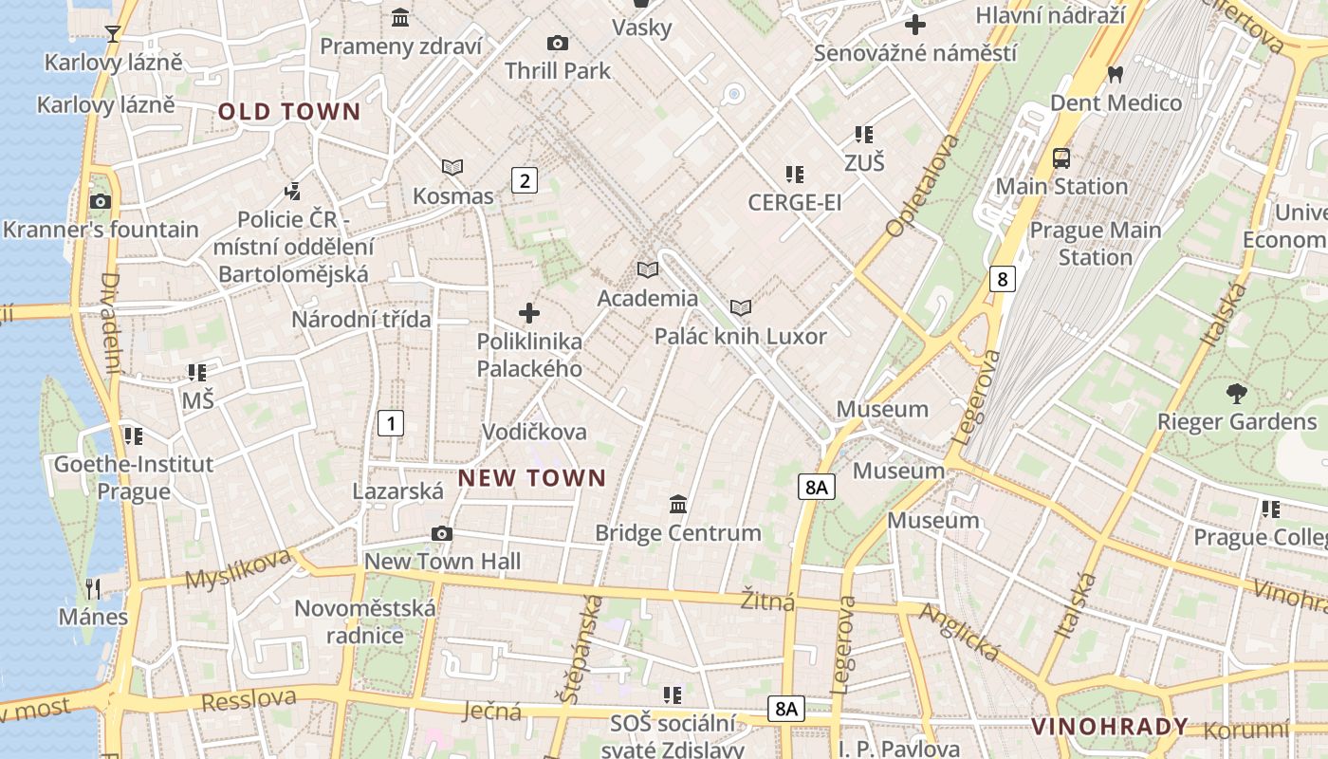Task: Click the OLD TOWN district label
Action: (289, 112)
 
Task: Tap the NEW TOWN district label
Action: (531, 478)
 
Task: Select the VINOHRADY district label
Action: (1109, 727)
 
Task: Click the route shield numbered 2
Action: (525, 179)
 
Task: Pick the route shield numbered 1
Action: (391, 423)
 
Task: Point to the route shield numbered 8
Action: (1002, 278)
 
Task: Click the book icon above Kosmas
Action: (452, 168)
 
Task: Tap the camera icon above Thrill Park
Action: (558, 43)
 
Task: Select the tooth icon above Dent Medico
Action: (1116, 74)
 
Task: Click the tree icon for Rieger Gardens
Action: (1236, 393)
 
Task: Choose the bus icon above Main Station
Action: (1061, 158)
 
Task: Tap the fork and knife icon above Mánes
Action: (93, 589)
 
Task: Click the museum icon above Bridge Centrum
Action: (678, 504)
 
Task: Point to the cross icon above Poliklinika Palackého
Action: (529, 313)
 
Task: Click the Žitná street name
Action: (768, 601)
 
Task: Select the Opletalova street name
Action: (922, 186)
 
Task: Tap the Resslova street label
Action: (249, 699)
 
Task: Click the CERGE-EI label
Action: (794, 202)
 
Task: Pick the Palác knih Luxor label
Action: (740, 337)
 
